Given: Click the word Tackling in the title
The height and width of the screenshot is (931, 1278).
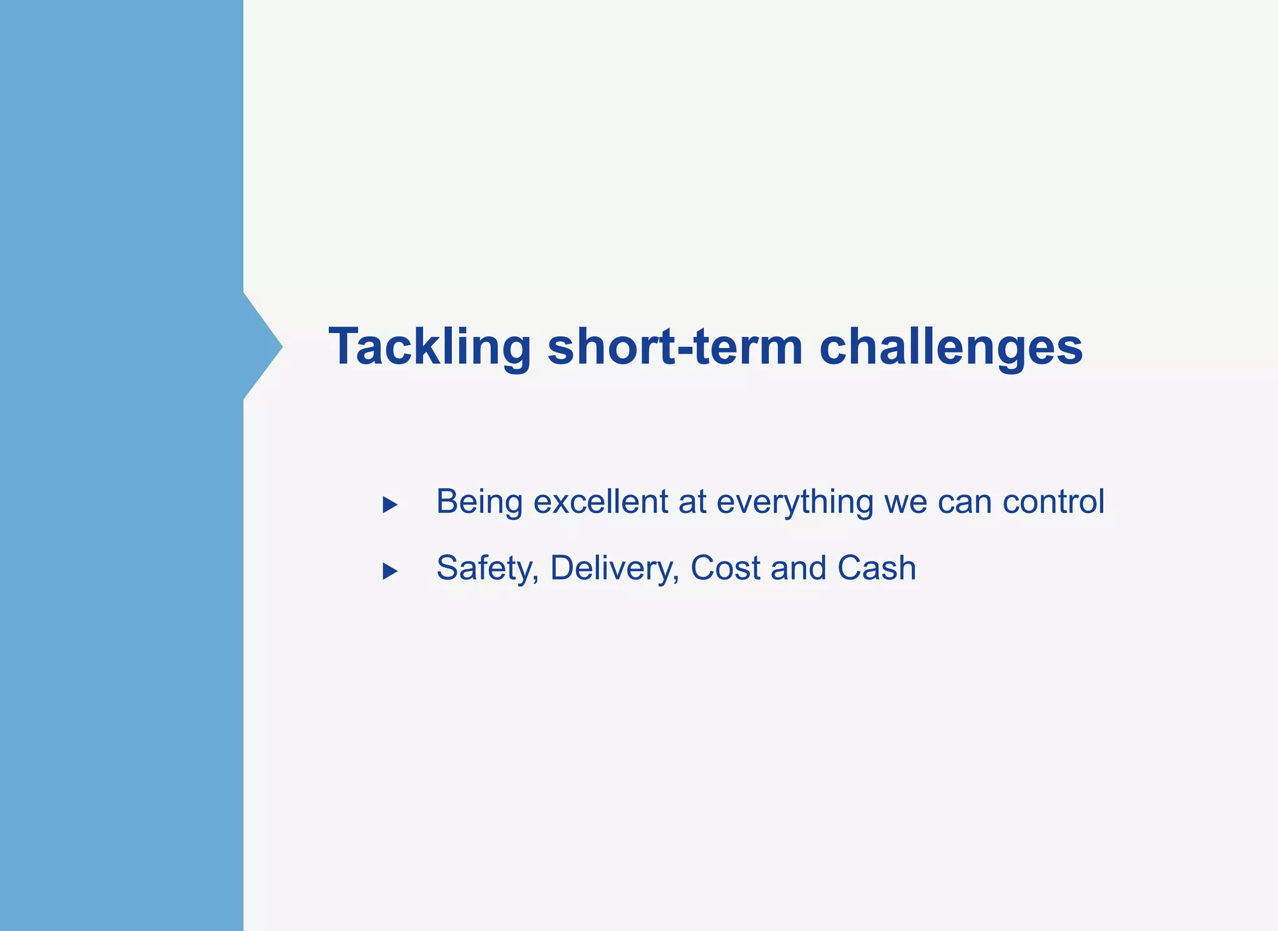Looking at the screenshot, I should pyautogui.click(x=429, y=347).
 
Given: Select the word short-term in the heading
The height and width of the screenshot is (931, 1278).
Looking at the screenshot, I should pyautogui.click(x=675, y=347).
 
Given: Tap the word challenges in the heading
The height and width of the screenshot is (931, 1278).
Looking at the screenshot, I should pyautogui.click(x=950, y=347).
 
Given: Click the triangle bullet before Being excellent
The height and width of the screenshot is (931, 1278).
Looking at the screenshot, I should pyautogui.click(x=390, y=504).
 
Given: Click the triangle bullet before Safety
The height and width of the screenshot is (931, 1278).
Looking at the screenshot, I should pyautogui.click(x=390, y=570).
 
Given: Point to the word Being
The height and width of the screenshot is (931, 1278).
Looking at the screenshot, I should pyautogui.click(x=479, y=502).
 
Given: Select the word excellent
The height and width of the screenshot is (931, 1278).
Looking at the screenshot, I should pyautogui.click(x=600, y=502).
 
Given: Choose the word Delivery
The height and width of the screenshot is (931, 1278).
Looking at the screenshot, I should pyautogui.click(x=614, y=568).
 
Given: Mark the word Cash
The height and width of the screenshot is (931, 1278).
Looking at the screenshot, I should pyautogui.click(x=876, y=568).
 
